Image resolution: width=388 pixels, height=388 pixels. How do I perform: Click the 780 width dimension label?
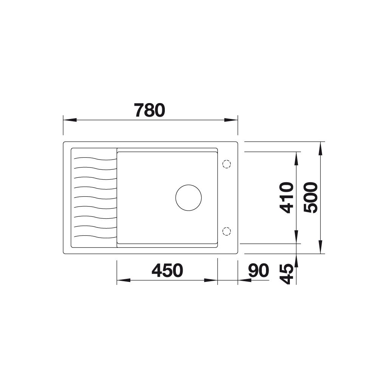point(150,110)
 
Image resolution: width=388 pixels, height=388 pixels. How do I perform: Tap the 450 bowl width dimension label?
point(167,271)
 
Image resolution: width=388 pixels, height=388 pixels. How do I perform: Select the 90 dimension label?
point(258,271)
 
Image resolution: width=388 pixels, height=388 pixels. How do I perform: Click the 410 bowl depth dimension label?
point(286,198)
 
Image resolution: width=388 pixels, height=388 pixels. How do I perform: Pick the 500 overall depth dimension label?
point(311,198)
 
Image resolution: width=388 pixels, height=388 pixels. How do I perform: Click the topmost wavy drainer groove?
point(95,158)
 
